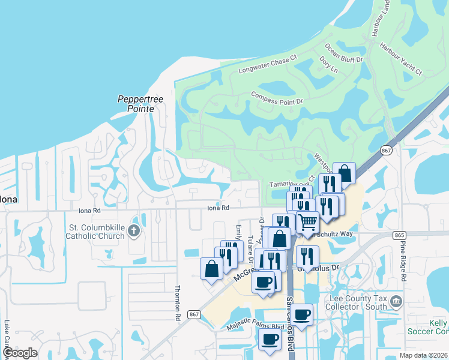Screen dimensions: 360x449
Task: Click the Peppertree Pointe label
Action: [136, 104]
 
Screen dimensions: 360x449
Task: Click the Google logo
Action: [19, 353]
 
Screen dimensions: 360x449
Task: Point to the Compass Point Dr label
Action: [277, 98]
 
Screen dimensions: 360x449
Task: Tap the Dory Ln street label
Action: [329, 65]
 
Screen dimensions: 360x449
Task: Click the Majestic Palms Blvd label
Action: [255, 328]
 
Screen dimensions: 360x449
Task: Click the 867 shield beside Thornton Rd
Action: [193, 314]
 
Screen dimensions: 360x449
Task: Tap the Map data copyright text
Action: [424, 355]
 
